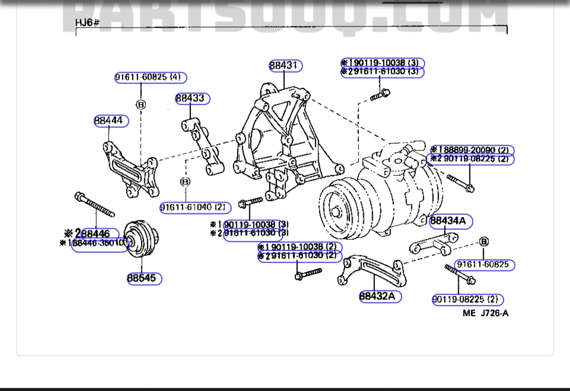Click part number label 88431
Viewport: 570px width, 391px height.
click(285, 66)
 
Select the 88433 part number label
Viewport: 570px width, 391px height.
click(192, 99)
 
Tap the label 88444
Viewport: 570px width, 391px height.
click(111, 121)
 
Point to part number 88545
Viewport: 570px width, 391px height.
click(144, 279)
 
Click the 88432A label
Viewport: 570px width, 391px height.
click(380, 296)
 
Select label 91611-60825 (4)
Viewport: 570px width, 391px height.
click(150, 77)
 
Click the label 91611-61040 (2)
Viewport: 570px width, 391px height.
click(195, 208)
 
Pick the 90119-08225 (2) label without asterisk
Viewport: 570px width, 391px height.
click(467, 299)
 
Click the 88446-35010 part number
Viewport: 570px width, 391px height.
click(100, 244)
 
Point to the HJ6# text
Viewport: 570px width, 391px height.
click(87, 23)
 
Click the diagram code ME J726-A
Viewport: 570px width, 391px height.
click(485, 313)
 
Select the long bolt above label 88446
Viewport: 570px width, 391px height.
click(94, 204)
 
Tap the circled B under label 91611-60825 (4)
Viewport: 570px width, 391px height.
click(141, 105)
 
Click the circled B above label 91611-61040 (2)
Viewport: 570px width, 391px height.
click(185, 182)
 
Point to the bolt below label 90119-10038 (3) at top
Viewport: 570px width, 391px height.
click(380, 95)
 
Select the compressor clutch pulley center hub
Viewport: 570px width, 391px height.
click(336, 212)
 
